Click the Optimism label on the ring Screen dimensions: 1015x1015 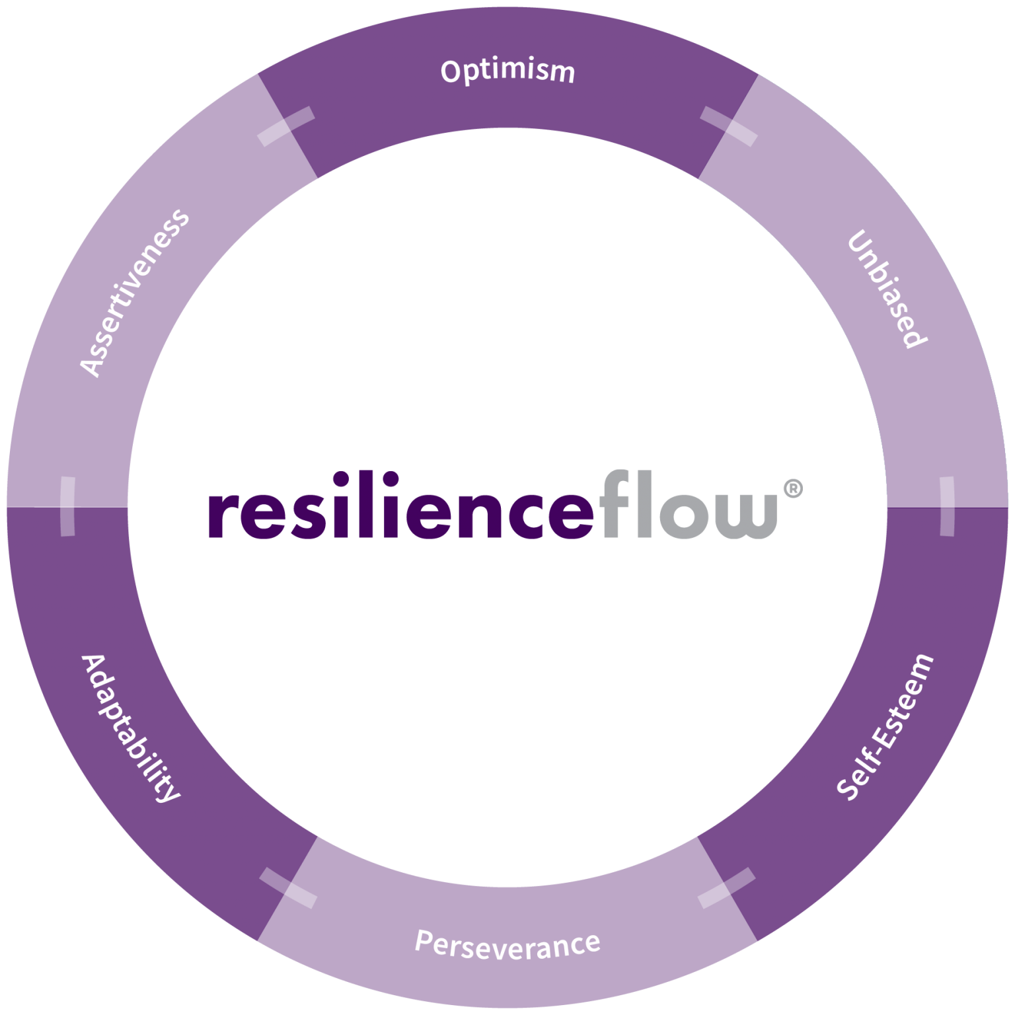click(x=507, y=71)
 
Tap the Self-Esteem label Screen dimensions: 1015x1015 click(x=885, y=727)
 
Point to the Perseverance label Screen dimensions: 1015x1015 click(x=507, y=944)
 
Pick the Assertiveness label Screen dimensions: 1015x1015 click(x=134, y=293)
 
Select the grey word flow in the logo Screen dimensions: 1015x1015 click(x=690, y=505)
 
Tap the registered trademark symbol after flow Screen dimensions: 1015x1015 click(x=792, y=489)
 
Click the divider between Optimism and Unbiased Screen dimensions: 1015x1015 click(x=729, y=126)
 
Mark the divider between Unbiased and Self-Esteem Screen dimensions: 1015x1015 click(x=947, y=506)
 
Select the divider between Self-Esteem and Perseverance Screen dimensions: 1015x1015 click(x=726, y=887)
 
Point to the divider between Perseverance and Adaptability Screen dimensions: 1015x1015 click(x=288, y=887)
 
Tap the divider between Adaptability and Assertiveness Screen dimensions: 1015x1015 click(x=67, y=506)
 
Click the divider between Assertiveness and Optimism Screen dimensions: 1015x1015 click(x=285, y=126)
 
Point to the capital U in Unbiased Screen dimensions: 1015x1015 click(x=859, y=243)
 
